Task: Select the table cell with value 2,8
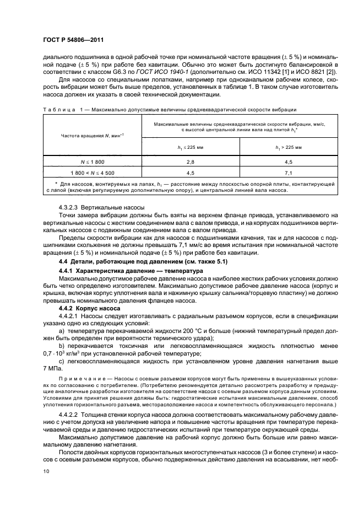pyautogui.click(x=191, y=163)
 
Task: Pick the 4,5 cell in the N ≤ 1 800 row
pyautogui.click(x=288, y=163)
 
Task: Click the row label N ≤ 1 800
pyautogui.click(x=92, y=163)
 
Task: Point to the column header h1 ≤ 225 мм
pyautogui.click(x=191, y=148)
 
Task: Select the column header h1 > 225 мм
pyautogui.click(x=288, y=148)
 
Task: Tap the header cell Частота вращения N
pyautogui.click(x=92, y=136)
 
